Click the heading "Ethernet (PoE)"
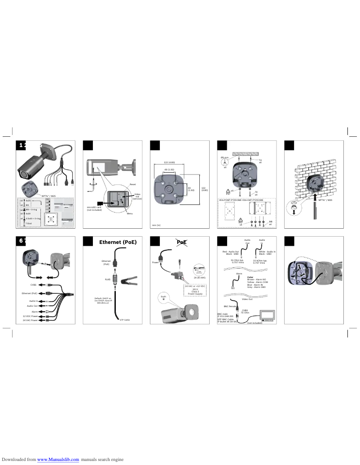point(118,242)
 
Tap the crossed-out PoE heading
point(182,242)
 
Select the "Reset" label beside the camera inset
point(132,184)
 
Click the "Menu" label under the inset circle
point(130,214)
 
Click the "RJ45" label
point(107,279)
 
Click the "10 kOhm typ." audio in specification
point(260,261)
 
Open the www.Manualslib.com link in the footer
point(58,459)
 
